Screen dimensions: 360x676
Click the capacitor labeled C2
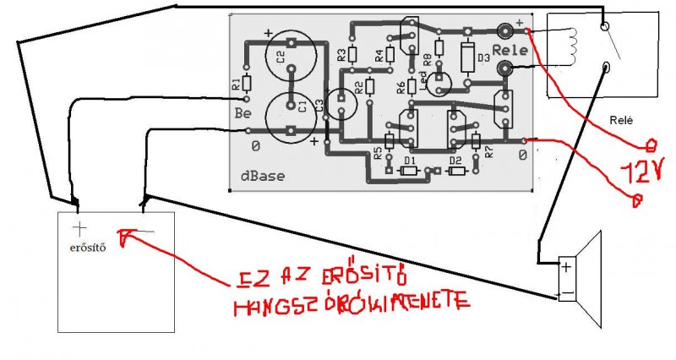tap(292, 57)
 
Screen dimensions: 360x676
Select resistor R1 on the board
tap(247, 84)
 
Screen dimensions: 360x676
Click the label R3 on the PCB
tap(341, 56)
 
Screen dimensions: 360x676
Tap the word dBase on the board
tap(261, 176)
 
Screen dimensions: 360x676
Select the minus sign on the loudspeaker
tap(565, 293)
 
